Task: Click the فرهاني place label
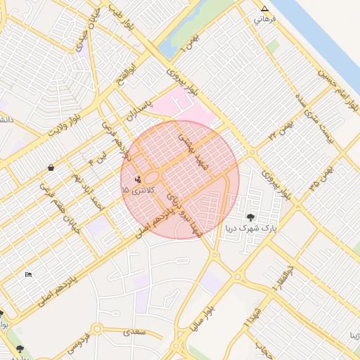tap(265, 19)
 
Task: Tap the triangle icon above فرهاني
tap(265, 9)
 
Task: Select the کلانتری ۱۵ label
tap(135, 190)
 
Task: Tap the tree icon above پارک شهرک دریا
tap(251, 217)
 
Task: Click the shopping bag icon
tap(51, 168)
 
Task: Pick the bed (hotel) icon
tap(28, 274)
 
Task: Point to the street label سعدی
tap(132, 331)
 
